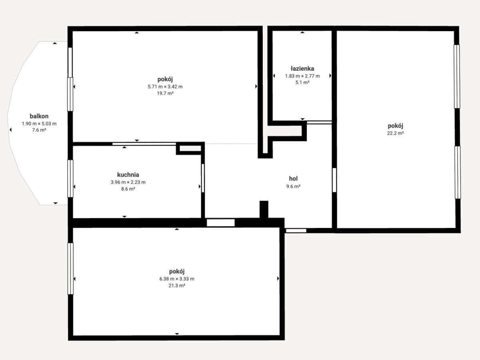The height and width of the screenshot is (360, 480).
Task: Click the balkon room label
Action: click(x=39, y=116)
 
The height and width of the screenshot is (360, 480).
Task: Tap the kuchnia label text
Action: click(x=128, y=175)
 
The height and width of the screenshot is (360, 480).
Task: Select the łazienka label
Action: click(x=302, y=69)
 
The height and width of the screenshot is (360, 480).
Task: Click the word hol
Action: click(x=293, y=178)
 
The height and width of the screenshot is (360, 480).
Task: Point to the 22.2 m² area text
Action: click(x=395, y=133)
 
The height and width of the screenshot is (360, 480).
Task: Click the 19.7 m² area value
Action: click(x=165, y=93)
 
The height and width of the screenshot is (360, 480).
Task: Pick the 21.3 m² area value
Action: click(x=177, y=286)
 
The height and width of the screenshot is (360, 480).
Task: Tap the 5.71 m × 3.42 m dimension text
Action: click(x=165, y=86)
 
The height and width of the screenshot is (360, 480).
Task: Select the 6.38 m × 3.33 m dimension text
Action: click(x=177, y=279)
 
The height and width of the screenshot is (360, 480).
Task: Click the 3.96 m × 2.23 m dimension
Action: click(x=128, y=182)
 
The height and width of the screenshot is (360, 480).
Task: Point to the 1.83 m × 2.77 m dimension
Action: click(x=302, y=76)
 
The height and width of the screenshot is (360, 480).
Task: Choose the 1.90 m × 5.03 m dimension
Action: click(x=39, y=124)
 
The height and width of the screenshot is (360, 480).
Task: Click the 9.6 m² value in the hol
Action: click(x=293, y=186)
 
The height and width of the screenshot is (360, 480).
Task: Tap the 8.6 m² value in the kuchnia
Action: click(x=128, y=189)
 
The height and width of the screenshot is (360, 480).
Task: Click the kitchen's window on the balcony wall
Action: click(x=70, y=178)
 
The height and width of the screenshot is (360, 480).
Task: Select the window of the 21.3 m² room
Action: click(x=70, y=269)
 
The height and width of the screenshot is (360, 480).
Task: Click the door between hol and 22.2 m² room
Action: click(x=334, y=180)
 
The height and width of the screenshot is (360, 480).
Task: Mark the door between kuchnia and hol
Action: click(x=203, y=178)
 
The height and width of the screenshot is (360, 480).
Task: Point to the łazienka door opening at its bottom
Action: click(x=319, y=122)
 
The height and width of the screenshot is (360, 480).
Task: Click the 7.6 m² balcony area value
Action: click(x=39, y=130)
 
